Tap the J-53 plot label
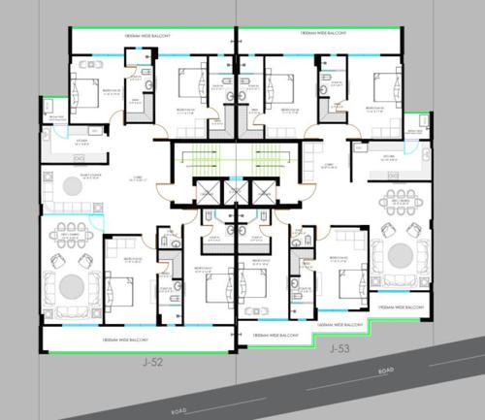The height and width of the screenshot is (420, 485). (339, 347)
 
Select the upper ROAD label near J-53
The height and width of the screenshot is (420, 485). (386, 371)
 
